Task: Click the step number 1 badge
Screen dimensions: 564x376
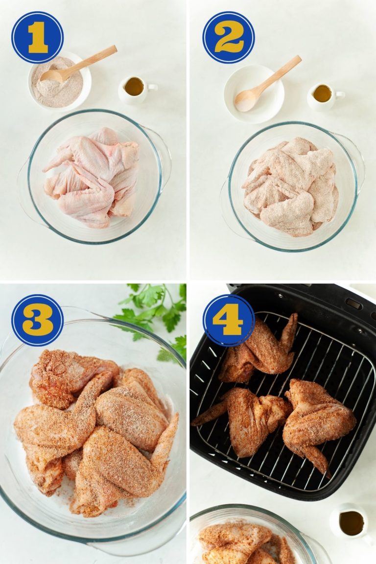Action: (x=37, y=37)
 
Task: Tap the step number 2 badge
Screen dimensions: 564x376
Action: (x=229, y=37)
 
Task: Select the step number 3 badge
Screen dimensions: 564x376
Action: (x=37, y=320)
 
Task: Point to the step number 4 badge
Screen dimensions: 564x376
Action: (x=229, y=320)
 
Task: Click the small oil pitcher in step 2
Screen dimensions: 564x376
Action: (x=324, y=95)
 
